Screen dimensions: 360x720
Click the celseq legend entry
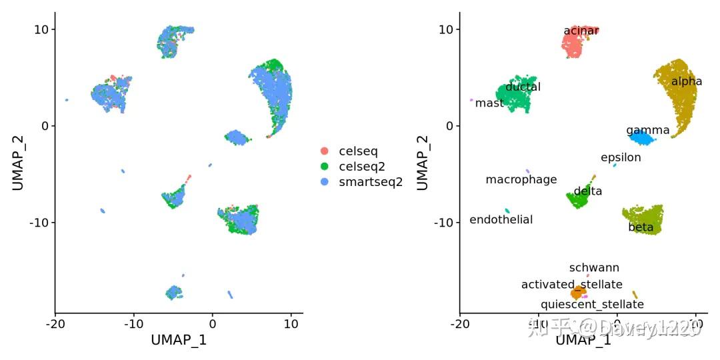pos(357,151)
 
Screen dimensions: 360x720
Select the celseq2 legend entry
pos(361,167)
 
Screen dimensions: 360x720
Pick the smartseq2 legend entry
pos(370,182)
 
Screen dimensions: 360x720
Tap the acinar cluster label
pos(581,31)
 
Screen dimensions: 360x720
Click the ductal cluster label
pos(523,87)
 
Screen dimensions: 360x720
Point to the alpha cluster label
pos(687,81)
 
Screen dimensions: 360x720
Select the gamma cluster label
pos(643,130)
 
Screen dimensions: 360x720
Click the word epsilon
pos(621,157)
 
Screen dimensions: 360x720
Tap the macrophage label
pos(521,179)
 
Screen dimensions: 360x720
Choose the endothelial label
pos(501,219)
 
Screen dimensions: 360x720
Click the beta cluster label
pos(641,227)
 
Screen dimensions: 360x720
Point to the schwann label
pos(594,267)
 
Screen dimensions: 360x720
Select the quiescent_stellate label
pos(592,304)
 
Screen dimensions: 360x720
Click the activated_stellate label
pos(571,285)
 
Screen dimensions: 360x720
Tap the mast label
pos(489,103)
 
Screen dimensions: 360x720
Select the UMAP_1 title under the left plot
pos(179,340)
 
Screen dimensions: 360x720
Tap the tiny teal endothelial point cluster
pos(507,211)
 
